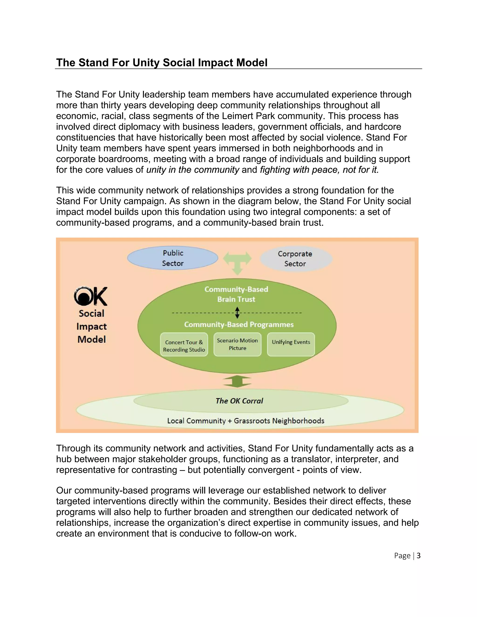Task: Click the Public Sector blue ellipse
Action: tap(173, 258)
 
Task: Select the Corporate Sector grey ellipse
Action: tap(296, 259)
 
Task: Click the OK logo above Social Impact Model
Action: tap(90, 296)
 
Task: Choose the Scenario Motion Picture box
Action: tap(237, 344)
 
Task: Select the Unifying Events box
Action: tap(291, 344)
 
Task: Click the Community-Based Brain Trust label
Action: tap(236, 294)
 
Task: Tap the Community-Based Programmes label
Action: tap(239, 324)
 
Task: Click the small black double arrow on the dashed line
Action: tap(237, 313)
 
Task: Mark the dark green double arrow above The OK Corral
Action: tap(237, 381)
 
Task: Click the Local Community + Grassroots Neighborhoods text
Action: tap(245, 421)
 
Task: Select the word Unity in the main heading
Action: tap(146, 62)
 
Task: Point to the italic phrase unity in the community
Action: tap(193, 170)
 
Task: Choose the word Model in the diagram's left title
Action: tap(92, 339)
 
